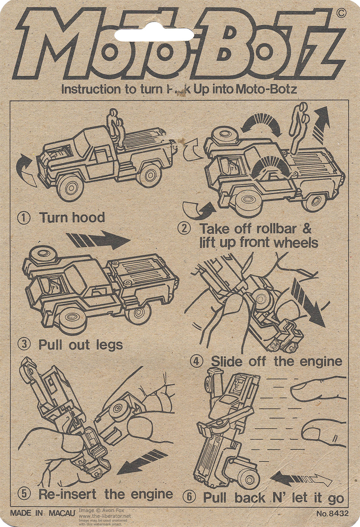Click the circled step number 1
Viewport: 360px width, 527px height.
pos(24,218)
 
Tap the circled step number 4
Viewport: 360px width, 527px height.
pos(197,361)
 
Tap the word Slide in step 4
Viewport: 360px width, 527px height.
pos(227,361)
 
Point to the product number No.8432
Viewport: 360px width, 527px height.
pos(333,514)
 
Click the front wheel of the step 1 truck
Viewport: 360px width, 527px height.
pos(73,188)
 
